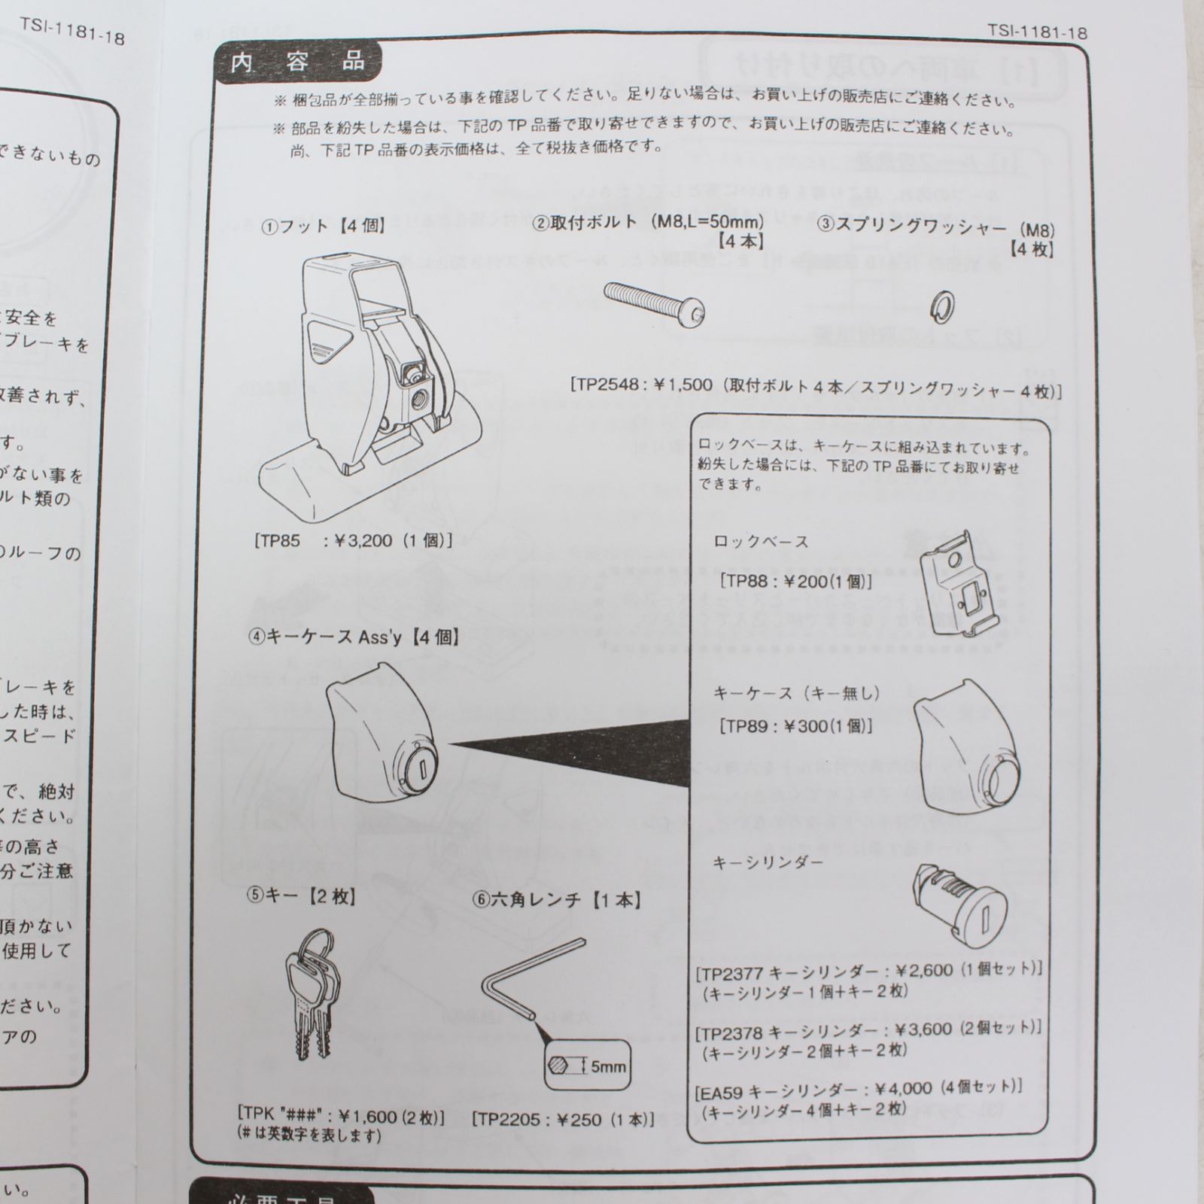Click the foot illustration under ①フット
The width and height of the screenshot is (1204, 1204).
click(361, 384)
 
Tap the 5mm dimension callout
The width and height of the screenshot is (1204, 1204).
click(586, 1066)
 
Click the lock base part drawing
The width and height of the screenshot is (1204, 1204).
click(957, 583)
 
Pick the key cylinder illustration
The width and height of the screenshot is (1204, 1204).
click(958, 905)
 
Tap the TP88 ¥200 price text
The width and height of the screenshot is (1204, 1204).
click(796, 581)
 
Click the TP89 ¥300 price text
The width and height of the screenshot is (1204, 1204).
click(796, 726)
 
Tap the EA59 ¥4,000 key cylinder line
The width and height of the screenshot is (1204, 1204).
click(858, 1088)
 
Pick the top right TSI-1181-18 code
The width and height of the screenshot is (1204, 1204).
click(1037, 32)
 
